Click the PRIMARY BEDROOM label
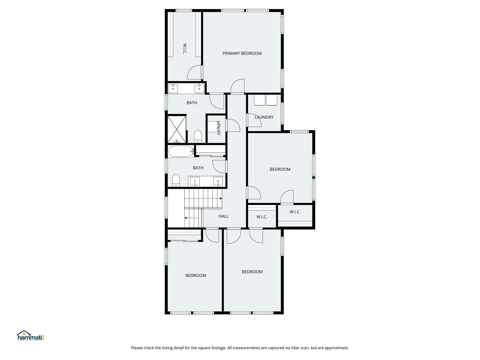coord(242,53)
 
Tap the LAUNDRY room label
coord(264,117)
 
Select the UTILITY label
coord(218,128)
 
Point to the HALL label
coord(223,216)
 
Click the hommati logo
coord(31,335)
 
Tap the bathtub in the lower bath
coord(181,151)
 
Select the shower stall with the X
coord(177,129)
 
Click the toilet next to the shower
coord(197,137)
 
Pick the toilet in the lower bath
coord(176,181)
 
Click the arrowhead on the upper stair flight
coord(221,198)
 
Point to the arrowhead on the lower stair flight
coord(186,218)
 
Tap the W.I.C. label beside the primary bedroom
coord(185,49)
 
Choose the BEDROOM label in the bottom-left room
coord(196,275)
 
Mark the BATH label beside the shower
coord(192,103)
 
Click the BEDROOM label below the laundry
coord(280,169)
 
